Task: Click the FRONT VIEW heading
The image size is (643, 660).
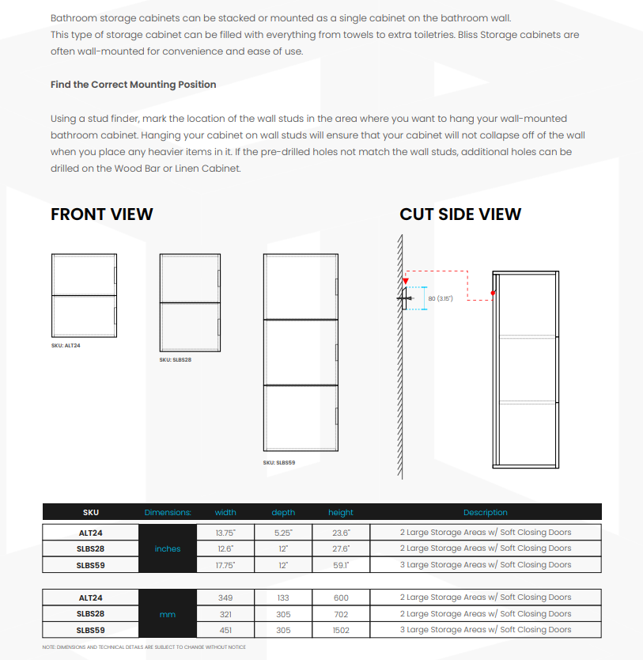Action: coord(102,214)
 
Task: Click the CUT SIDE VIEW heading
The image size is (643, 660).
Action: coord(460,214)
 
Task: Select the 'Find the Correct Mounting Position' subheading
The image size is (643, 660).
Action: coord(133,85)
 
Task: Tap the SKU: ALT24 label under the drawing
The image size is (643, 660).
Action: coord(66,346)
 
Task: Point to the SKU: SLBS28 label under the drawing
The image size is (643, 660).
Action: coord(175,359)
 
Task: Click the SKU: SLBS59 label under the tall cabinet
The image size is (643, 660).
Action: coord(278,462)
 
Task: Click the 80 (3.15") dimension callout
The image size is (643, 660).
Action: coord(440,298)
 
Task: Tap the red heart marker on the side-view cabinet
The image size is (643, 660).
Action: coord(493,293)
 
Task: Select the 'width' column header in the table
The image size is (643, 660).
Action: coord(225,512)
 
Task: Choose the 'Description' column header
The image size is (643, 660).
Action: coord(485,512)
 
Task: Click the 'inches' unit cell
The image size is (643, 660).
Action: coord(168,548)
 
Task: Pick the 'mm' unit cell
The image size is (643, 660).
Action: coord(168,614)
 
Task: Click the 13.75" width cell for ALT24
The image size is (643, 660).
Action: coord(225,533)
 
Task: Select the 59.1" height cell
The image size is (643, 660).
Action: coord(341,565)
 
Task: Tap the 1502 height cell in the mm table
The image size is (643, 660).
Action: coord(341,630)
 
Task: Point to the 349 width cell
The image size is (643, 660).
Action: coord(225,597)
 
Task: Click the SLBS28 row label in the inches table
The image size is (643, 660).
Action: coord(90,548)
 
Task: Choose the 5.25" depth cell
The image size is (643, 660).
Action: coord(283,533)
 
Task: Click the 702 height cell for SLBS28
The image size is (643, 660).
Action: coord(341,614)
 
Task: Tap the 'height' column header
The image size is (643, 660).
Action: coord(341,512)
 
